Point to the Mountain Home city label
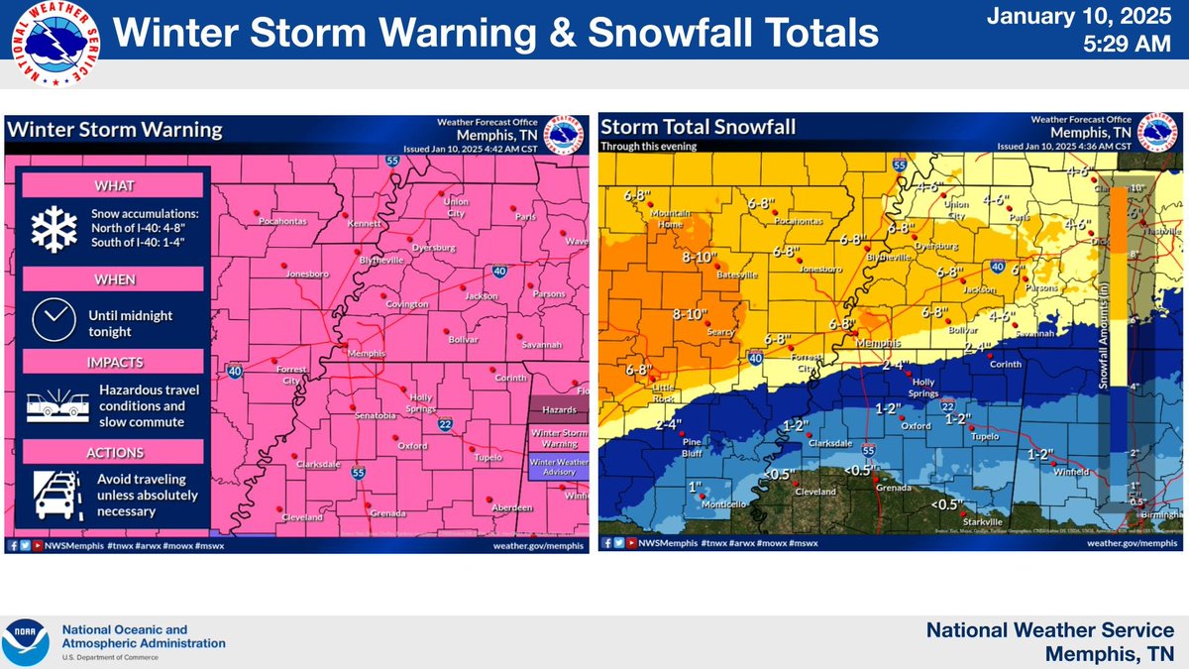tap(670, 219)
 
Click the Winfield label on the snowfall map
tap(1077, 471)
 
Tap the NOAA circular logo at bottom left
tap(28, 642)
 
